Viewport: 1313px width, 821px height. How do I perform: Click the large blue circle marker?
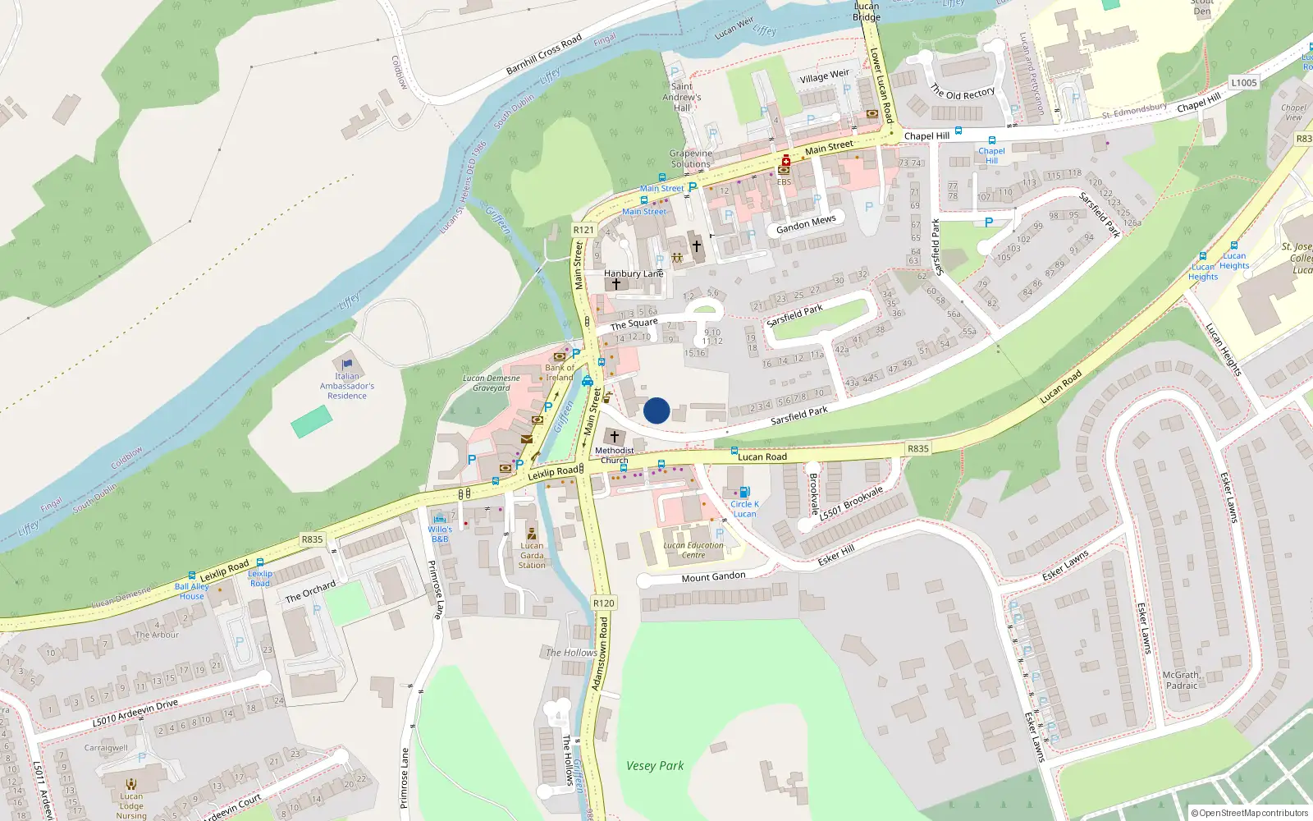[656, 410]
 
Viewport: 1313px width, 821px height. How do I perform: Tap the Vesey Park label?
[655, 765]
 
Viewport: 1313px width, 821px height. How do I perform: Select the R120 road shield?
[603, 603]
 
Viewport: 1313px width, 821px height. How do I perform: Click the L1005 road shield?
[1243, 82]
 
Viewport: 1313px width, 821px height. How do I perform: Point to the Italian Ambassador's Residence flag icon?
[347, 364]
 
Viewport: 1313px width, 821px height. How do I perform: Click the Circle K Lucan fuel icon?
[744, 492]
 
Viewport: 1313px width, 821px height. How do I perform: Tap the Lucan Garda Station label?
[532, 555]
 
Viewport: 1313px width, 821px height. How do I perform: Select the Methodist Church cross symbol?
[615, 437]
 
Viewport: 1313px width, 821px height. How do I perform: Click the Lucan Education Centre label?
[693, 550]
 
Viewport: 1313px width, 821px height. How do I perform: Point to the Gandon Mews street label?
[806, 224]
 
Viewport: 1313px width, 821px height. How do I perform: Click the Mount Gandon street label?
[713, 576]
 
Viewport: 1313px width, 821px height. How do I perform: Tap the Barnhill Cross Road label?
[543, 54]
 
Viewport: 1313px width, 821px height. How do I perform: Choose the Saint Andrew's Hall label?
[682, 96]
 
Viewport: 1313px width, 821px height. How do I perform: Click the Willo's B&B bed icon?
[440, 518]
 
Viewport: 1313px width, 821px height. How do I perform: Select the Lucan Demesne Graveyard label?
[491, 383]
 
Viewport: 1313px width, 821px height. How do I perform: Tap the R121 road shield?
[583, 230]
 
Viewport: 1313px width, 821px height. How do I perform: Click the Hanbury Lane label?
[634, 273]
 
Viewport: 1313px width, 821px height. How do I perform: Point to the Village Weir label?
[825, 76]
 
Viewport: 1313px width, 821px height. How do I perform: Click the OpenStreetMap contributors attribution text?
[1250, 813]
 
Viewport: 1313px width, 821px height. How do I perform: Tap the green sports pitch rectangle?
[312, 421]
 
